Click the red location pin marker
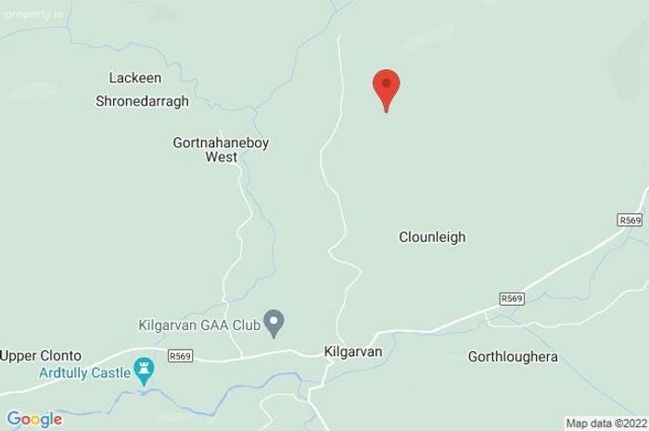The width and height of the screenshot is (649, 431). [x=386, y=87]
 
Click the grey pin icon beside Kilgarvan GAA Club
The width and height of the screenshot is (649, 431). [x=274, y=323]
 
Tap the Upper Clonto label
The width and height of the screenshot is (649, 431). [x=41, y=355]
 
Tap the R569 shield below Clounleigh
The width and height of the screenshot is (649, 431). [x=511, y=298]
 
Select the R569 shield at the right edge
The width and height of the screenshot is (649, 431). [x=629, y=219]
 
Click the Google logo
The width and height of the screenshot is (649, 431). [x=34, y=419]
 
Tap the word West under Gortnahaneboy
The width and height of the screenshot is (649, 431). [x=221, y=158]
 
